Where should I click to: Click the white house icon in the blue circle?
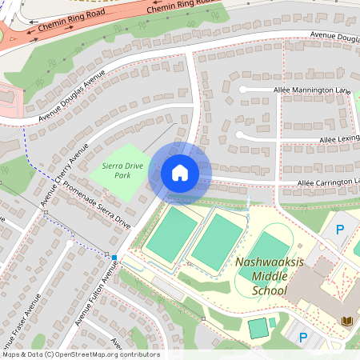179,172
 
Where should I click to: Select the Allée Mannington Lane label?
312,90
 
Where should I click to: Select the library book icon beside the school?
347,322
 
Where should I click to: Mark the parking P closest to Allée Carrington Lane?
339,230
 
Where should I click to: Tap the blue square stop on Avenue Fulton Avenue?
114,258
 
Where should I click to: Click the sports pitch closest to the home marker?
172,234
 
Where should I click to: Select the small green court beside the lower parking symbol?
258,328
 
